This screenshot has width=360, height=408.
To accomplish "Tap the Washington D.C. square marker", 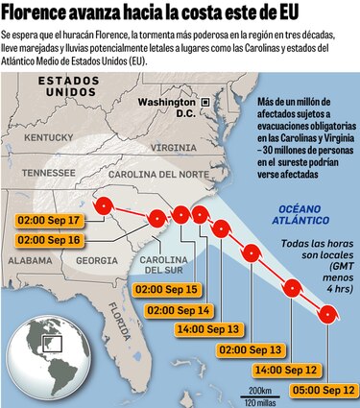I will point(204,101).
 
